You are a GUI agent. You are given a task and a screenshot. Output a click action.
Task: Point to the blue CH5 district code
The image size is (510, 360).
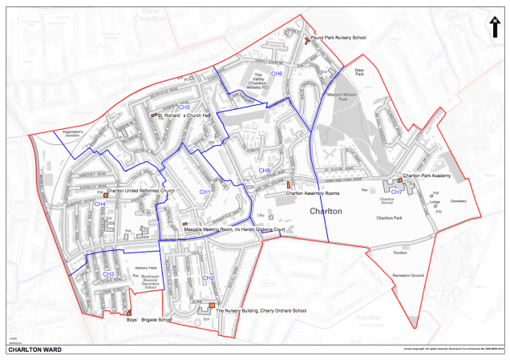coord(184,107)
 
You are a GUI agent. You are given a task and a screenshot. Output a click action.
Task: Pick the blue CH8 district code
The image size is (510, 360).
coord(264,171)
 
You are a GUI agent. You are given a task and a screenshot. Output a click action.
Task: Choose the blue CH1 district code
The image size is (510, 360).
coord(204,192)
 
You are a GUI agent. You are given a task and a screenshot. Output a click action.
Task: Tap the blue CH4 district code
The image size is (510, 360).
coord(100,204)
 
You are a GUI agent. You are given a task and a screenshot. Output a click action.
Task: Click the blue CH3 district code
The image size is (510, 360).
coord(108,274)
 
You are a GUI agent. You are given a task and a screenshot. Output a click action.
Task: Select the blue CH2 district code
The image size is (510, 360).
coord(208,277)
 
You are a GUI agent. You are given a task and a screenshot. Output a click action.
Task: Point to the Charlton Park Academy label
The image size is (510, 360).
coord(433,175)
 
